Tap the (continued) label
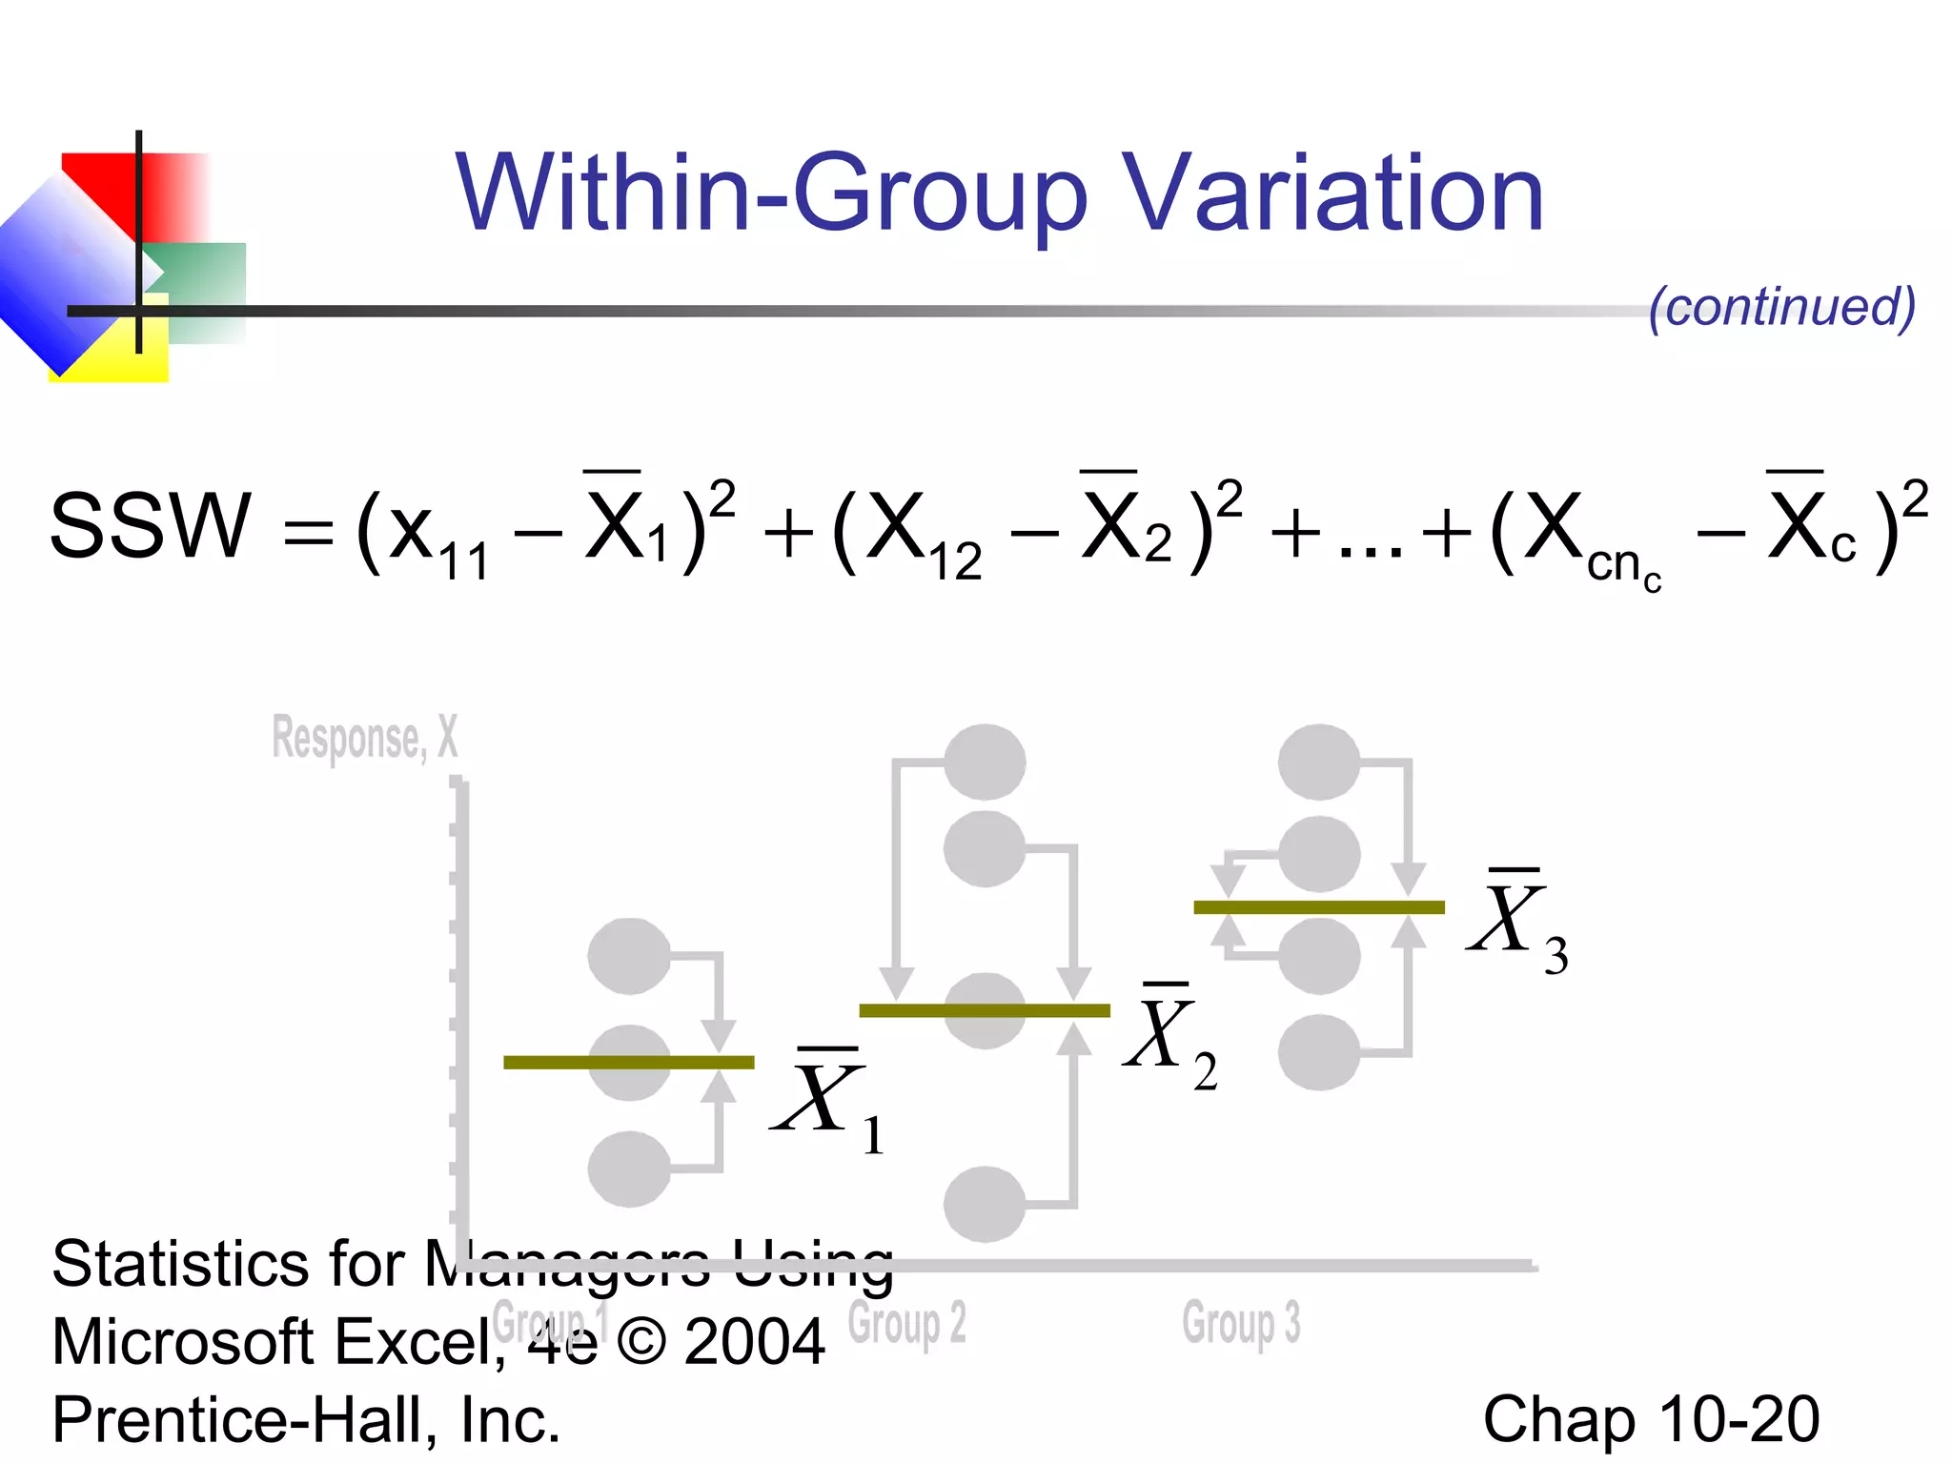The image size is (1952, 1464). point(1781,307)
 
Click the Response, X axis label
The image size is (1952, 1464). point(365,738)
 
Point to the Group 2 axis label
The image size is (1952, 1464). point(906,1323)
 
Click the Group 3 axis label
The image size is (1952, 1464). point(1241,1323)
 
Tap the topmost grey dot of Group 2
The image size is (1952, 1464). point(985,762)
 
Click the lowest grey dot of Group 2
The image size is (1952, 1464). point(985,1204)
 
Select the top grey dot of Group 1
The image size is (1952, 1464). point(629,956)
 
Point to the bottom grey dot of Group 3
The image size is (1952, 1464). point(1319,1052)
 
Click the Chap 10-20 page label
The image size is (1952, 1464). point(1651,1419)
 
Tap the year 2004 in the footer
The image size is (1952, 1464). point(754,1342)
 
